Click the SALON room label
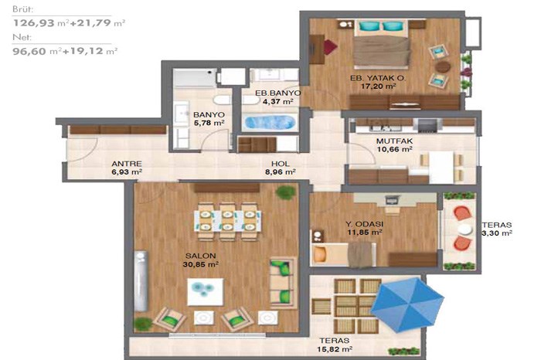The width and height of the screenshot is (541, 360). tap(200, 256)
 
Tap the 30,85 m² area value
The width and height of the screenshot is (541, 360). tap(200, 264)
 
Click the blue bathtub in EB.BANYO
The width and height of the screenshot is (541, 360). tap(270, 122)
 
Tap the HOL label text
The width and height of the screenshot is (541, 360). tap(280, 164)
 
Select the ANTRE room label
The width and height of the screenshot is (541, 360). tap(127, 164)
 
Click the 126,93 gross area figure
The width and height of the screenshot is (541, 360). tap(34, 23)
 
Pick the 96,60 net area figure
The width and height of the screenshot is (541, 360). tap(29, 52)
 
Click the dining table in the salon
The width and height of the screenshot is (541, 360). tap(227, 221)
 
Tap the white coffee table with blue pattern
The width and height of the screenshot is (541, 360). tap(206, 292)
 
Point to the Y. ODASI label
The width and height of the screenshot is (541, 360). tap(364, 224)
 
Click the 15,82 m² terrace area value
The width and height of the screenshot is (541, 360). tap(335, 349)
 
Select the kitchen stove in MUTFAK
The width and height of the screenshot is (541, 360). tap(427, 125)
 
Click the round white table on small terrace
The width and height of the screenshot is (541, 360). tap(464, 229)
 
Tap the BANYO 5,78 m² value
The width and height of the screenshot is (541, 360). tap(209, 123)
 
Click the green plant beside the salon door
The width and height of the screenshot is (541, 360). tap(286, 192)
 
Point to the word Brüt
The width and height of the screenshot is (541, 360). tap(22, 9)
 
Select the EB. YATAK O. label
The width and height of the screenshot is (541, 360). tap(378, 78)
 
